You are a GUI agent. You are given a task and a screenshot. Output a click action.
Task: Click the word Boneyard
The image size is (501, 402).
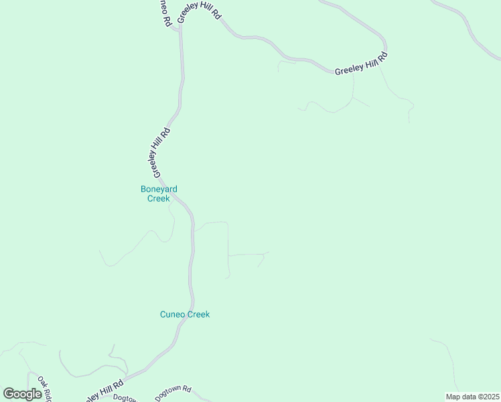pos(159,189)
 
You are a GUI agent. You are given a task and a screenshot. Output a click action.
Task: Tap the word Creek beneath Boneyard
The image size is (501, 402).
pos(159,198)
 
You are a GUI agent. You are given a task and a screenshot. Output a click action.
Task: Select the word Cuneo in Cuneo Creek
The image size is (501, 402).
pos(173,314)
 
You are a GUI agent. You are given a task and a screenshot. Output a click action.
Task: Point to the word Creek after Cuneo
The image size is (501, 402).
pos(198,314)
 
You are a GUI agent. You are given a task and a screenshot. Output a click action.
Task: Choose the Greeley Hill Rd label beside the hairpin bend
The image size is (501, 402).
pos(362,65)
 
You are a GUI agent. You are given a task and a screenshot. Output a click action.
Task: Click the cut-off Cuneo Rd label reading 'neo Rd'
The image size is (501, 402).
pos(163,12)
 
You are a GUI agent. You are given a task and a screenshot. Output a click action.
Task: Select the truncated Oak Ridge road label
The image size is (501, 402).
pos(45,389)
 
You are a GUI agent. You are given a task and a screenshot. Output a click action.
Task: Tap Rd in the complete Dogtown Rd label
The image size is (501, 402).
pos(188,389)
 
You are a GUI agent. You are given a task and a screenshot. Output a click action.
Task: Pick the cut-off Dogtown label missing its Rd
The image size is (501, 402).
pos(125,397)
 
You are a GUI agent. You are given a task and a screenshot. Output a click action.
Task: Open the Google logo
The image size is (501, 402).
pos(22,394)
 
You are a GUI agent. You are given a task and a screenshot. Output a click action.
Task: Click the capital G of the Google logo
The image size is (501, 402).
pos(9,394)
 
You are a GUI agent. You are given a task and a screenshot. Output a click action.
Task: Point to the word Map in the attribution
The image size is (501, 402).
pos(453,397)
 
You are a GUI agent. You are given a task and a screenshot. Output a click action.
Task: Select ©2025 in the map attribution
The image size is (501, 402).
pos(487,397)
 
